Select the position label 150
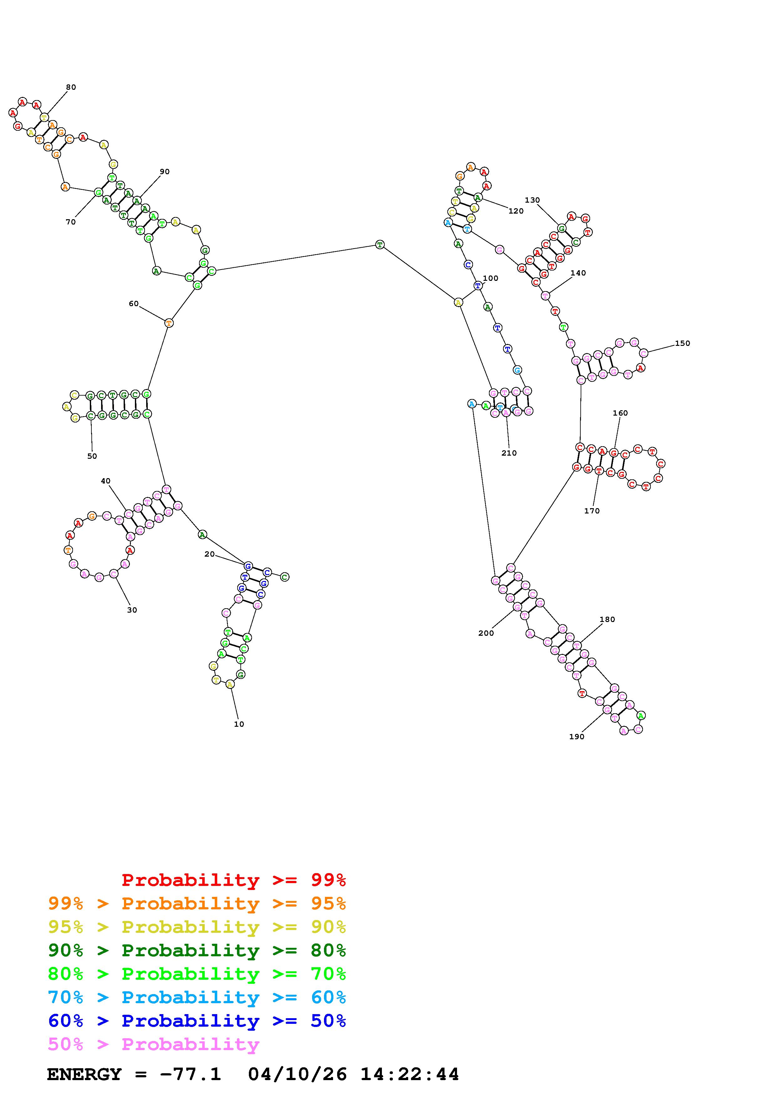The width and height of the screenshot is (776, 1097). pyautogui.click(x=682, y=343)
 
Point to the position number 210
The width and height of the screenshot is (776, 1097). pyautogui.click(x=509, y=453)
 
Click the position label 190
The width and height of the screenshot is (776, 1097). pyautogui.click(x=577, y=736)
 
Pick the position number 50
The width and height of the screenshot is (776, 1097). pyautogui.click(x=92, y=456)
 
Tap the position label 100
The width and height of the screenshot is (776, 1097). pyautogui.click(x=491, y=278)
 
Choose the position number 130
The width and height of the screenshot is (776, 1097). pyautogui.click(x=532, y=200)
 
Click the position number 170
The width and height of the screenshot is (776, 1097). pyautogui.click(x=591, y=511)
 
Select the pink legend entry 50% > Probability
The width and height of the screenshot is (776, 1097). pyautogui.click(x=153, y=1044)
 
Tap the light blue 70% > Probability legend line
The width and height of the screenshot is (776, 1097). pyautogui.click(x=197, y=997)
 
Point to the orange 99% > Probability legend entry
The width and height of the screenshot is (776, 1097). pyautogui.click(x=197, y=903)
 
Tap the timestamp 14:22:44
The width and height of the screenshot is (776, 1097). pyautogui.click(x=409, y=1074)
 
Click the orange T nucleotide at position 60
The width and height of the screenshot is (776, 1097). pyautogui.click(x=168, y=323)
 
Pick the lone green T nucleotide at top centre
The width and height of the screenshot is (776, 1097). pyautogui.click(x=380, y=245)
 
